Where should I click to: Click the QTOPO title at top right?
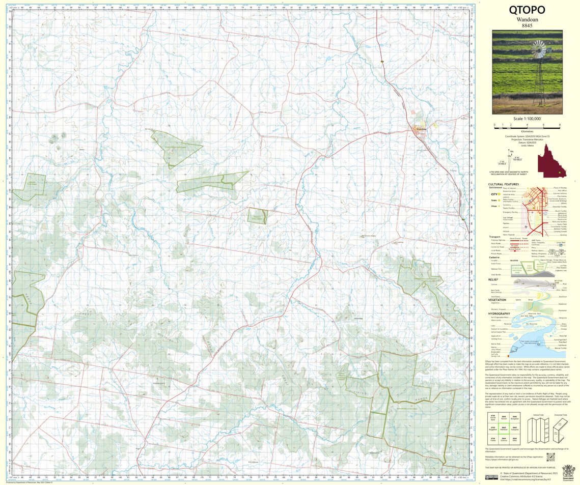click(527, 11)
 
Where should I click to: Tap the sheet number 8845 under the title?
click(527, 26)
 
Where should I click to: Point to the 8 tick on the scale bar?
click(560, 125)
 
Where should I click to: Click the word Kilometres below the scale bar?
click(527, 131)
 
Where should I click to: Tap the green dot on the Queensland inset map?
click(559, 173)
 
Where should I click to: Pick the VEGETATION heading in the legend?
click(497, 300)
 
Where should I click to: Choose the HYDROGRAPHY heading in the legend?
click(499, 313)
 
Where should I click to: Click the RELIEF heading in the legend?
click(492, 279)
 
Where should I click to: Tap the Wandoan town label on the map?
click(421, 129)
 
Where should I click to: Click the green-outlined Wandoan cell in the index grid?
click(504, 428)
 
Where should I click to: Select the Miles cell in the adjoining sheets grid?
click(515, 439)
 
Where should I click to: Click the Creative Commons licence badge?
click(491, 477)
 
